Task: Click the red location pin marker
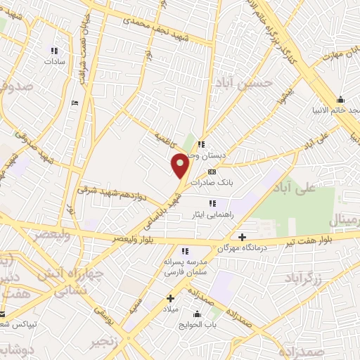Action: [181, 166]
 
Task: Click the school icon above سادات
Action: [54, 51]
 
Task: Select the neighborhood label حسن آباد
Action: [243, 84]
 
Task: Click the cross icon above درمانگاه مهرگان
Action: [243, 238]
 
